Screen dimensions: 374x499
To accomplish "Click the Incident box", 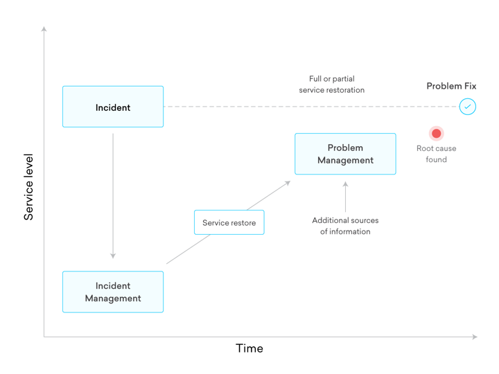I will coord(113,107).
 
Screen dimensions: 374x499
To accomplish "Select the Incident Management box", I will coord(113,292).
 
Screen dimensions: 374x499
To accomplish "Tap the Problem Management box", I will coord(345,154).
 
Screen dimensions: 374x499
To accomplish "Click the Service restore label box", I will coord(229,223).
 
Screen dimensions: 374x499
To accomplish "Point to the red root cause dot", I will coord(436,133).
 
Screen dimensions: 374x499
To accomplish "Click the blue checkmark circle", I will coord(468,107).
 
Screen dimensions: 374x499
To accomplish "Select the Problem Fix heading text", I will coord(451,87).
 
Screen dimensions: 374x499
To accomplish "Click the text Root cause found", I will coord(436,154).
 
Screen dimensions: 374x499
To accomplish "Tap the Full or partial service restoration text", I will coord(331,84).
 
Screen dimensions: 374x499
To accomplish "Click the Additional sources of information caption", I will coord(345,226).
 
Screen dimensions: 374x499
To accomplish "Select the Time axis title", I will coord(249,348).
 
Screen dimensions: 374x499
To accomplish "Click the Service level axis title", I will coord(28,187).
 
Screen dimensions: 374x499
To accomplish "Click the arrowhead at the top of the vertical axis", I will coord(44,29).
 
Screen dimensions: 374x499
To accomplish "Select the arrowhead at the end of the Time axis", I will coord(475,337).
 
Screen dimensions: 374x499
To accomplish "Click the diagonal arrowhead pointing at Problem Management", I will coord(288,183).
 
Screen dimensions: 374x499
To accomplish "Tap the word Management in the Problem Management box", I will coord(345,160).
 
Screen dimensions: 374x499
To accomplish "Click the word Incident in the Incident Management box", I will coord(113,285).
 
